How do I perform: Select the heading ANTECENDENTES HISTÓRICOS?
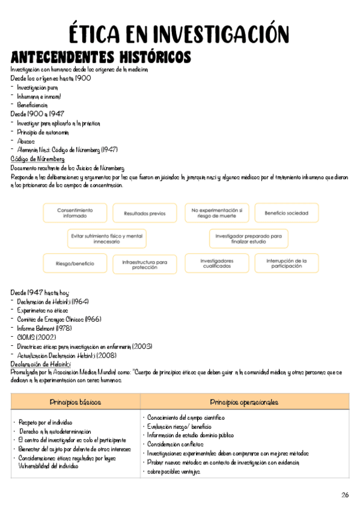(x=101, y=58)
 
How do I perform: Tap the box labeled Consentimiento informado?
(x=75, y=213)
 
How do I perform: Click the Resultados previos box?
(x=144, y=213)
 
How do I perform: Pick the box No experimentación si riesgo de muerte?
(x=216, y=213)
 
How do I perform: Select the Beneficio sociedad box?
(x=282, y=213)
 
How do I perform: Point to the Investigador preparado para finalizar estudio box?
(x=248, y=238)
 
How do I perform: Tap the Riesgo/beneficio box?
(x=75, y=263)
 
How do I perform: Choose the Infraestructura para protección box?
(x=144, y=263)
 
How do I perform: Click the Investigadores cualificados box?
(x=216, y=263)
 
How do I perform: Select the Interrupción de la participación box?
(x=282, y=263)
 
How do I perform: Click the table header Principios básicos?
(x=76, y=402)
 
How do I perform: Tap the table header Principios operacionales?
(x=244, y=402)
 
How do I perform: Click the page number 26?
(x=344, y=494)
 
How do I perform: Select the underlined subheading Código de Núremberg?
(x=38, y=159)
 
